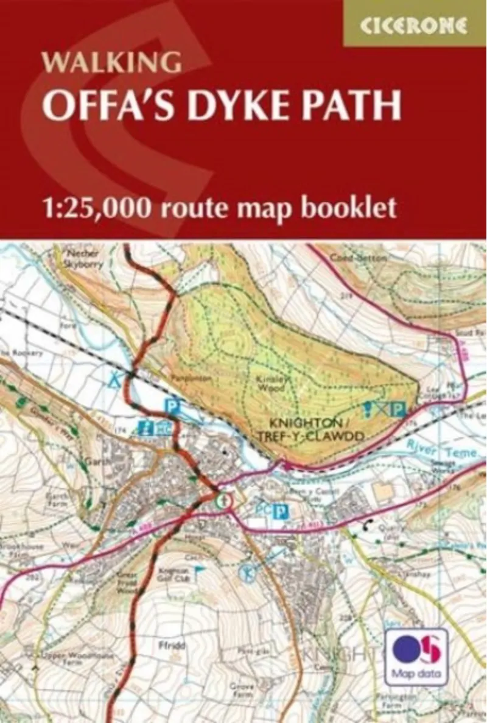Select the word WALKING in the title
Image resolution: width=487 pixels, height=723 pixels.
(x=111, y=62)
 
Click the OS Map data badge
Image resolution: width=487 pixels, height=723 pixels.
(x=416, y=657)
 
